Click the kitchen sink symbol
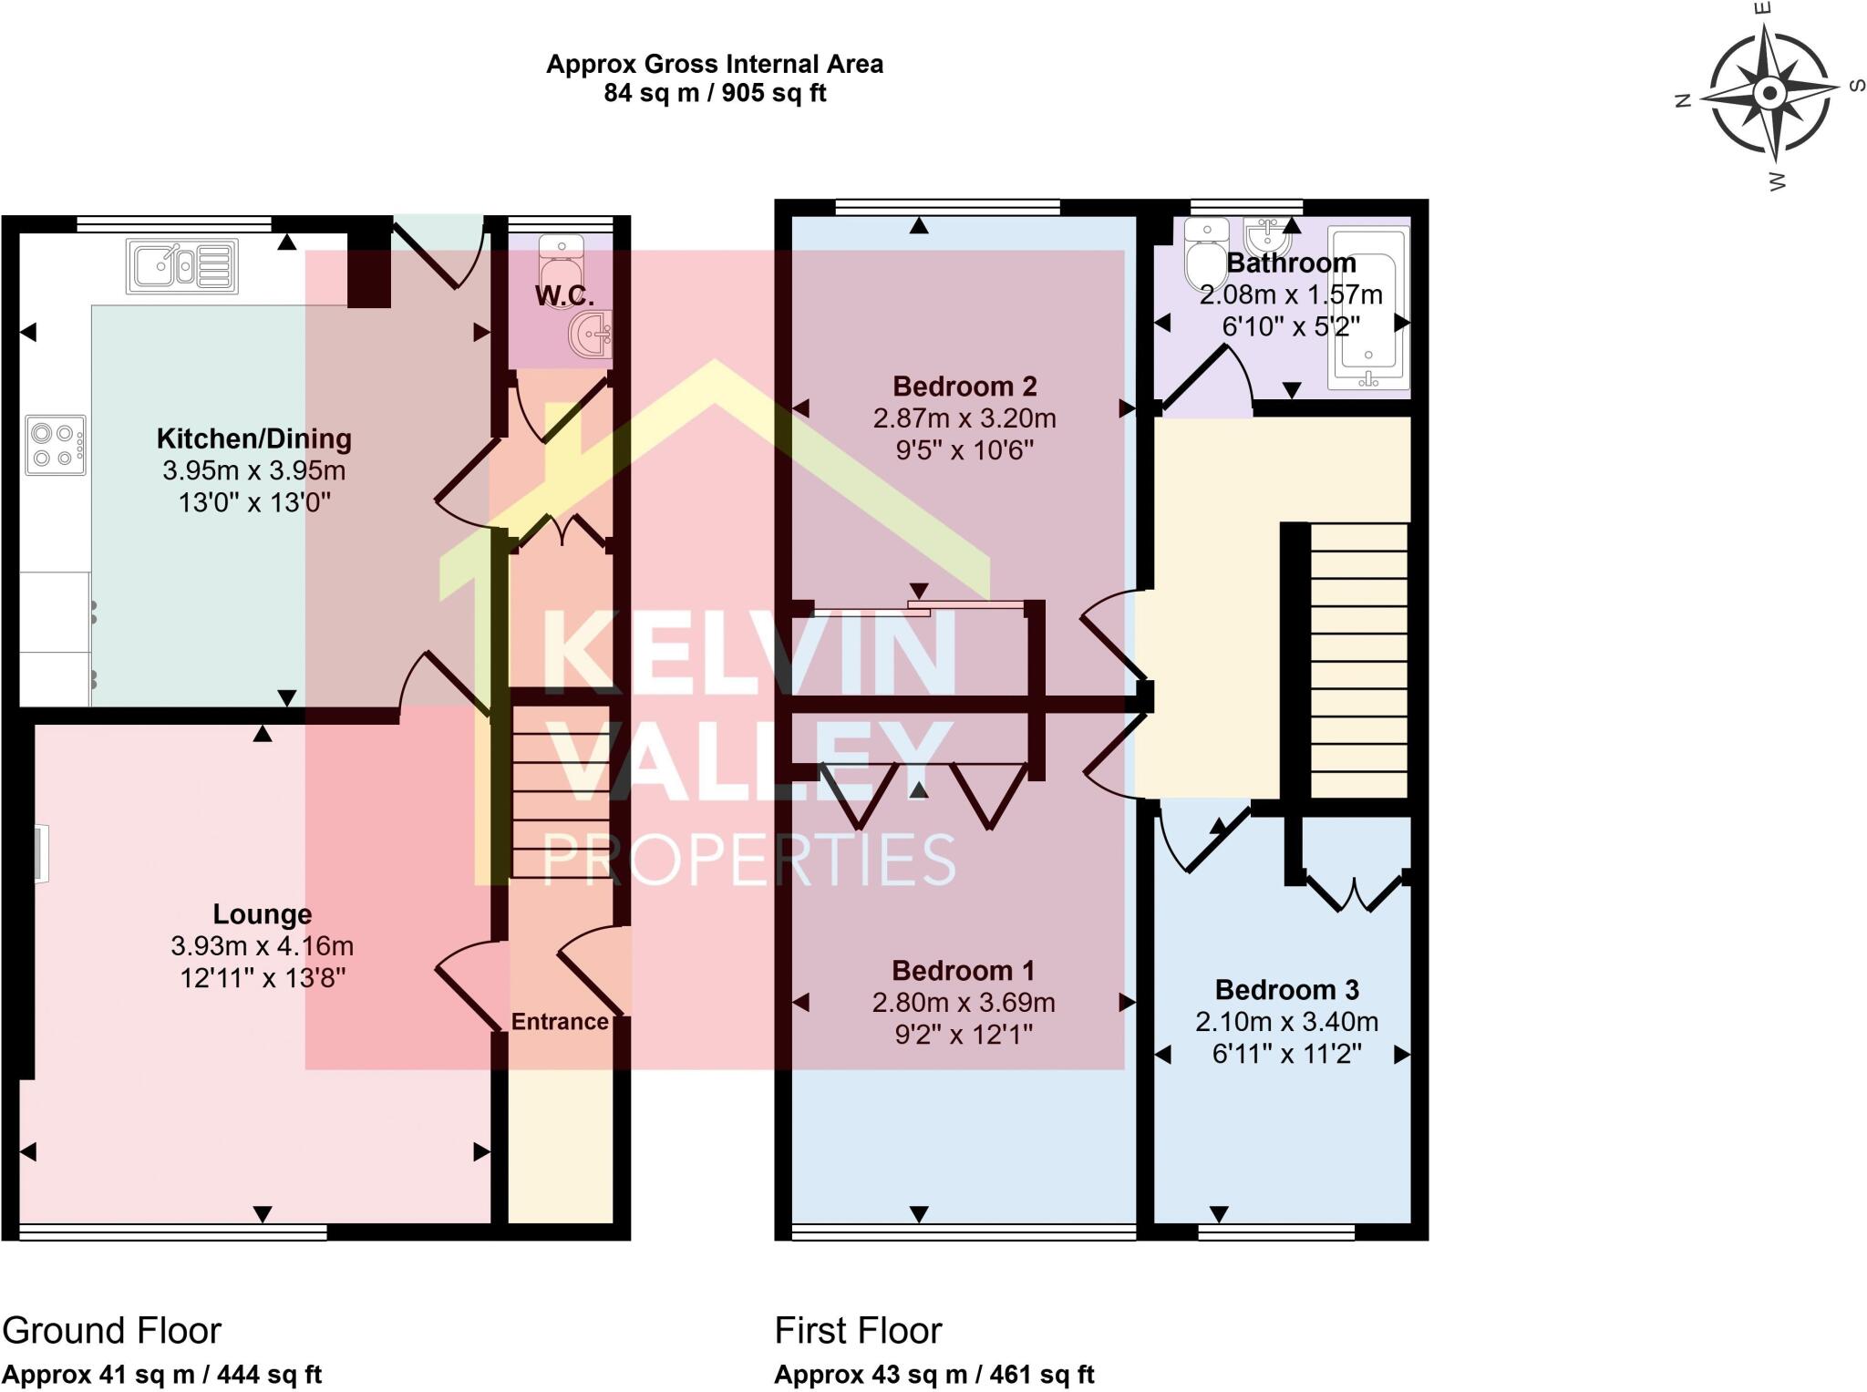click(x=182, y=266)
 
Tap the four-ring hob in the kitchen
click(x=56, y=445)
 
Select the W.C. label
click(x=564, y=295)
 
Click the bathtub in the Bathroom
click(x=1368, y=308)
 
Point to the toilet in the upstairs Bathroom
click(x=1205, y=255)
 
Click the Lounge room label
click(x=262, y=913)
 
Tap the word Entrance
click(x=559, y=1021)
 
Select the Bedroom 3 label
click(x=1286, y=989)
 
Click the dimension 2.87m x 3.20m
click(x=964, y=418)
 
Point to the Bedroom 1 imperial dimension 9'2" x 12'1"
click(x=964, y=1035)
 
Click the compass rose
click(x=1769, y=94)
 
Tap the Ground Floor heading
click(x=111, y=1331)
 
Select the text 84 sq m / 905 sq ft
click(x=715, y=93)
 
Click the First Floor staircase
click(x=1358, y=660)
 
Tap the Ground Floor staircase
click(x=559, y=791)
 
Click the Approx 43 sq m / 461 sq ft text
click(x=933, y=1375)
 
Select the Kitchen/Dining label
click(x=253, y=438)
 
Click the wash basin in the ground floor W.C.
click(x=593, y=334)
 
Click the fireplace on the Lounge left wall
click(x=40, y=854)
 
